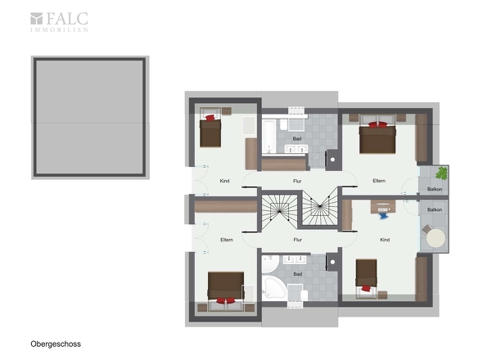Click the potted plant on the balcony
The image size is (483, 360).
click(x=442, y=173)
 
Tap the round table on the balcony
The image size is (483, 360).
click(x=436, y=238)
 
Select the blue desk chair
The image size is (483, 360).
click(x=383, y=215)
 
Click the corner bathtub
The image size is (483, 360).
click(x=273, y=287)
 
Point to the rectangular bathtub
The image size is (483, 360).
click(x=269, y=137)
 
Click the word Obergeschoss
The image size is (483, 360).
click(x=56, y=344)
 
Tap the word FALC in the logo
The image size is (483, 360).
click(x=67, y=19)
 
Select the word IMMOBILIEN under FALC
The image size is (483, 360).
click(x=59, y=30)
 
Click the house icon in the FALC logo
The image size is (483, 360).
click(x=36, y=19)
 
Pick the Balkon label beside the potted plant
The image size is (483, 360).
click(x=435, y=189)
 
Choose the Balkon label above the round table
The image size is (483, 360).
click(x=435, y=209)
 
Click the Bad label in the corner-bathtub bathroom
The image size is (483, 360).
click(x=297, y=274)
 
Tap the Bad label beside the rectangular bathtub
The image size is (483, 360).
click(x=297, y=139)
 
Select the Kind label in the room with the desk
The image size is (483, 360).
click(x=385, y=240)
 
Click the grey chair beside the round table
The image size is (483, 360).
click(x=427, y=230)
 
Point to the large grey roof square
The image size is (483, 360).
click(x=90, y=117)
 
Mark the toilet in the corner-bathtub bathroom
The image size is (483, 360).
click(x=304, y=295)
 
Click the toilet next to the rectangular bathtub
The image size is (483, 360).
click(x=284, y=124)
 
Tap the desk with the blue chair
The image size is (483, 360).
click(x=383, y=206)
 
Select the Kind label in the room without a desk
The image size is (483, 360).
click(x=224, y=181)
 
